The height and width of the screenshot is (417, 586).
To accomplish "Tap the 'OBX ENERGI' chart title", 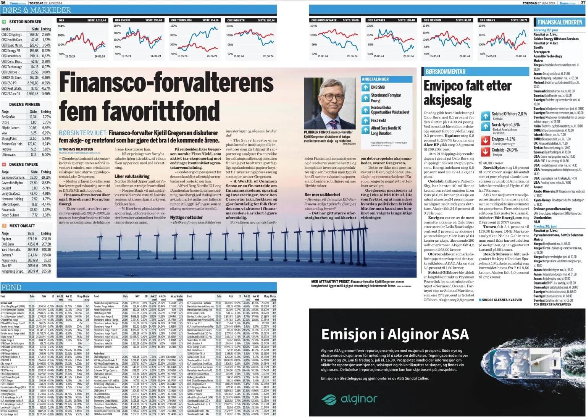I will [123, 20].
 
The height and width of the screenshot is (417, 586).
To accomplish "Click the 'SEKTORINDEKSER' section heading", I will [26, 22].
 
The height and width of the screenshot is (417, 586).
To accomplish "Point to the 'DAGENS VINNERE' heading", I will [24, 104].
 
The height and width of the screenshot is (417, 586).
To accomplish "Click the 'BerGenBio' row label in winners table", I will [8, 117].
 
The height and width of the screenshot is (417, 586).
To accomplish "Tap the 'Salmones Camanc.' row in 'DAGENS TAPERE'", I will [13, 177].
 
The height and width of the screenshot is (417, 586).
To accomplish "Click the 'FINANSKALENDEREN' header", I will [560, 22].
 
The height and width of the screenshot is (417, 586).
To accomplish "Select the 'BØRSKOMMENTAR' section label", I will [446, 71].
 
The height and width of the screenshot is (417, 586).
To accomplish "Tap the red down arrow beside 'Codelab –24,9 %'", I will [486, 152].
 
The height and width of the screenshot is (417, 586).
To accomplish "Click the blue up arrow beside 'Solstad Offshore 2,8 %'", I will [486, 116].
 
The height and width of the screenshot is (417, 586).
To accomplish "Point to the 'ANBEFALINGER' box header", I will [375, 79].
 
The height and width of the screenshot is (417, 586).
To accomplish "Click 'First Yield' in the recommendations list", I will [378, 120].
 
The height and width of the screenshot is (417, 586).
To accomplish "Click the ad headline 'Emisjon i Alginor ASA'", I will [395, 334].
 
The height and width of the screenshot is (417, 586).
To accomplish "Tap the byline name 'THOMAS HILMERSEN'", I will [76, 149].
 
